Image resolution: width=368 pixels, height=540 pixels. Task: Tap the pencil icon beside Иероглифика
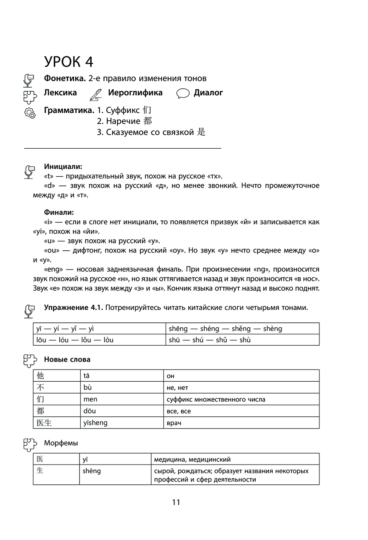(x=95, y=95)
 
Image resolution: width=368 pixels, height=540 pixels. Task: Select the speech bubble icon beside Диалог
(x=183, y=94)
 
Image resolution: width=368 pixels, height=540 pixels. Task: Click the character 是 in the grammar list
(x=201, y=132)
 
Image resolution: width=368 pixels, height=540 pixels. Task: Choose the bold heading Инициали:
(x=63, y=166)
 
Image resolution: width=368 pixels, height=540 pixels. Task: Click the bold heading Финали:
(x=59, y=212)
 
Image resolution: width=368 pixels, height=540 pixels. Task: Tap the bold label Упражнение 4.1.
(x=73, y=307)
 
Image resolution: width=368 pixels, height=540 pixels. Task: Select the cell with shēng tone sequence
(x=225, y=329)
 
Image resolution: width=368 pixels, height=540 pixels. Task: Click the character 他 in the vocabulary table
(x=40, y=375)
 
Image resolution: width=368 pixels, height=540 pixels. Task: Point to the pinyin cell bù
(x=88, y=387)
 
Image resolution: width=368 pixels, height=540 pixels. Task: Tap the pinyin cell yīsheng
(x=95, y=423)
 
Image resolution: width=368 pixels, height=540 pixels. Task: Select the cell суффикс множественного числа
(x=216, y=399)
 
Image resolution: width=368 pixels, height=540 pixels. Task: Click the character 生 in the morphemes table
(x=40, y=470)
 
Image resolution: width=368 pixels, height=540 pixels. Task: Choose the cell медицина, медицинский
(x=192, y=459)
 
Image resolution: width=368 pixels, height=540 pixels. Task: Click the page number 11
(x=176, y=502)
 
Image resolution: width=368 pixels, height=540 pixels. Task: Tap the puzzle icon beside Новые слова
(x=30, y=360)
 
